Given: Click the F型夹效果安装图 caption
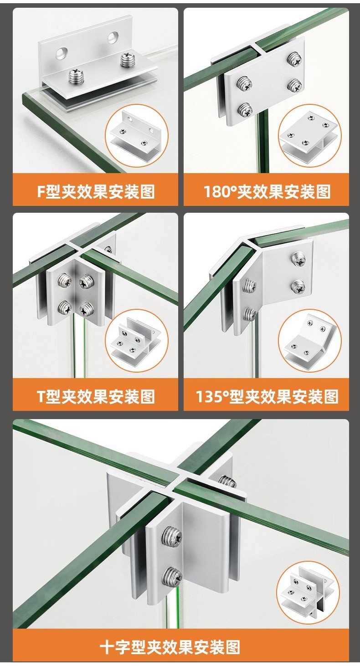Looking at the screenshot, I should click(x=95, y=191).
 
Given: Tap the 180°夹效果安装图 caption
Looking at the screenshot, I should click(x=267, y=191).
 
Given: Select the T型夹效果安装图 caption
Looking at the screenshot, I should click(x=95, y=396).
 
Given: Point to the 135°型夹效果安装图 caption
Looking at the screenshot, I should click(x=267, y=396).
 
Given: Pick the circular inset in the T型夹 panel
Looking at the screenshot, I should click(x=137, y=340).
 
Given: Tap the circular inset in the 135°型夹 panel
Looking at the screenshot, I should click(x=309, y=340).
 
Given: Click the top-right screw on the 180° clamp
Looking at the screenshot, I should click(x=294, y=59).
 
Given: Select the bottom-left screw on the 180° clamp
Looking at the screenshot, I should click(x=244, y=109).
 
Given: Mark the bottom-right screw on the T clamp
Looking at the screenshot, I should click(x=86, y=310).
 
